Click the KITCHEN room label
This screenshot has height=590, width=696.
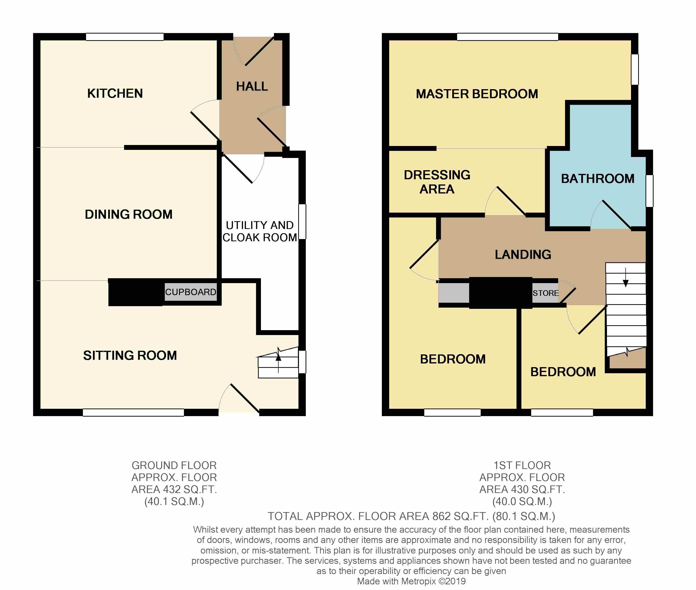point(115,93)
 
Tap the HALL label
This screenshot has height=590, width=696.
point(252,86)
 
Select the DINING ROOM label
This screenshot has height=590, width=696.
point(129,214)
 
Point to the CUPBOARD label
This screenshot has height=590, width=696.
point(191,292)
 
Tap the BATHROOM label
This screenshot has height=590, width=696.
point(597,179)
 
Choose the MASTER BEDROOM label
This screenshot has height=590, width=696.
point(477,94)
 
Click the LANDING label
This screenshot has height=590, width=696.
point(523,254)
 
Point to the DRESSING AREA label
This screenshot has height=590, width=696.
point(437,182)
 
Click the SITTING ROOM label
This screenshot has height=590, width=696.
point(130,355)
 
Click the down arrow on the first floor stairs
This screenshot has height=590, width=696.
point(625,277)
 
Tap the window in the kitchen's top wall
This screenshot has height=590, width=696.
point(125,37)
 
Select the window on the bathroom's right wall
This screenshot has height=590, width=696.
point(649,191)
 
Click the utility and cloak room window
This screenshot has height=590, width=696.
point(302,221)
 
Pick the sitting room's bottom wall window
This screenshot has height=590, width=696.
point(133,412)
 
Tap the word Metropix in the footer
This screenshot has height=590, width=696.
point(419,581)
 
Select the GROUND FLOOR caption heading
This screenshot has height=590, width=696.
point(174,465)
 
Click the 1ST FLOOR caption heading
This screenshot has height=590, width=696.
point(522,465)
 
